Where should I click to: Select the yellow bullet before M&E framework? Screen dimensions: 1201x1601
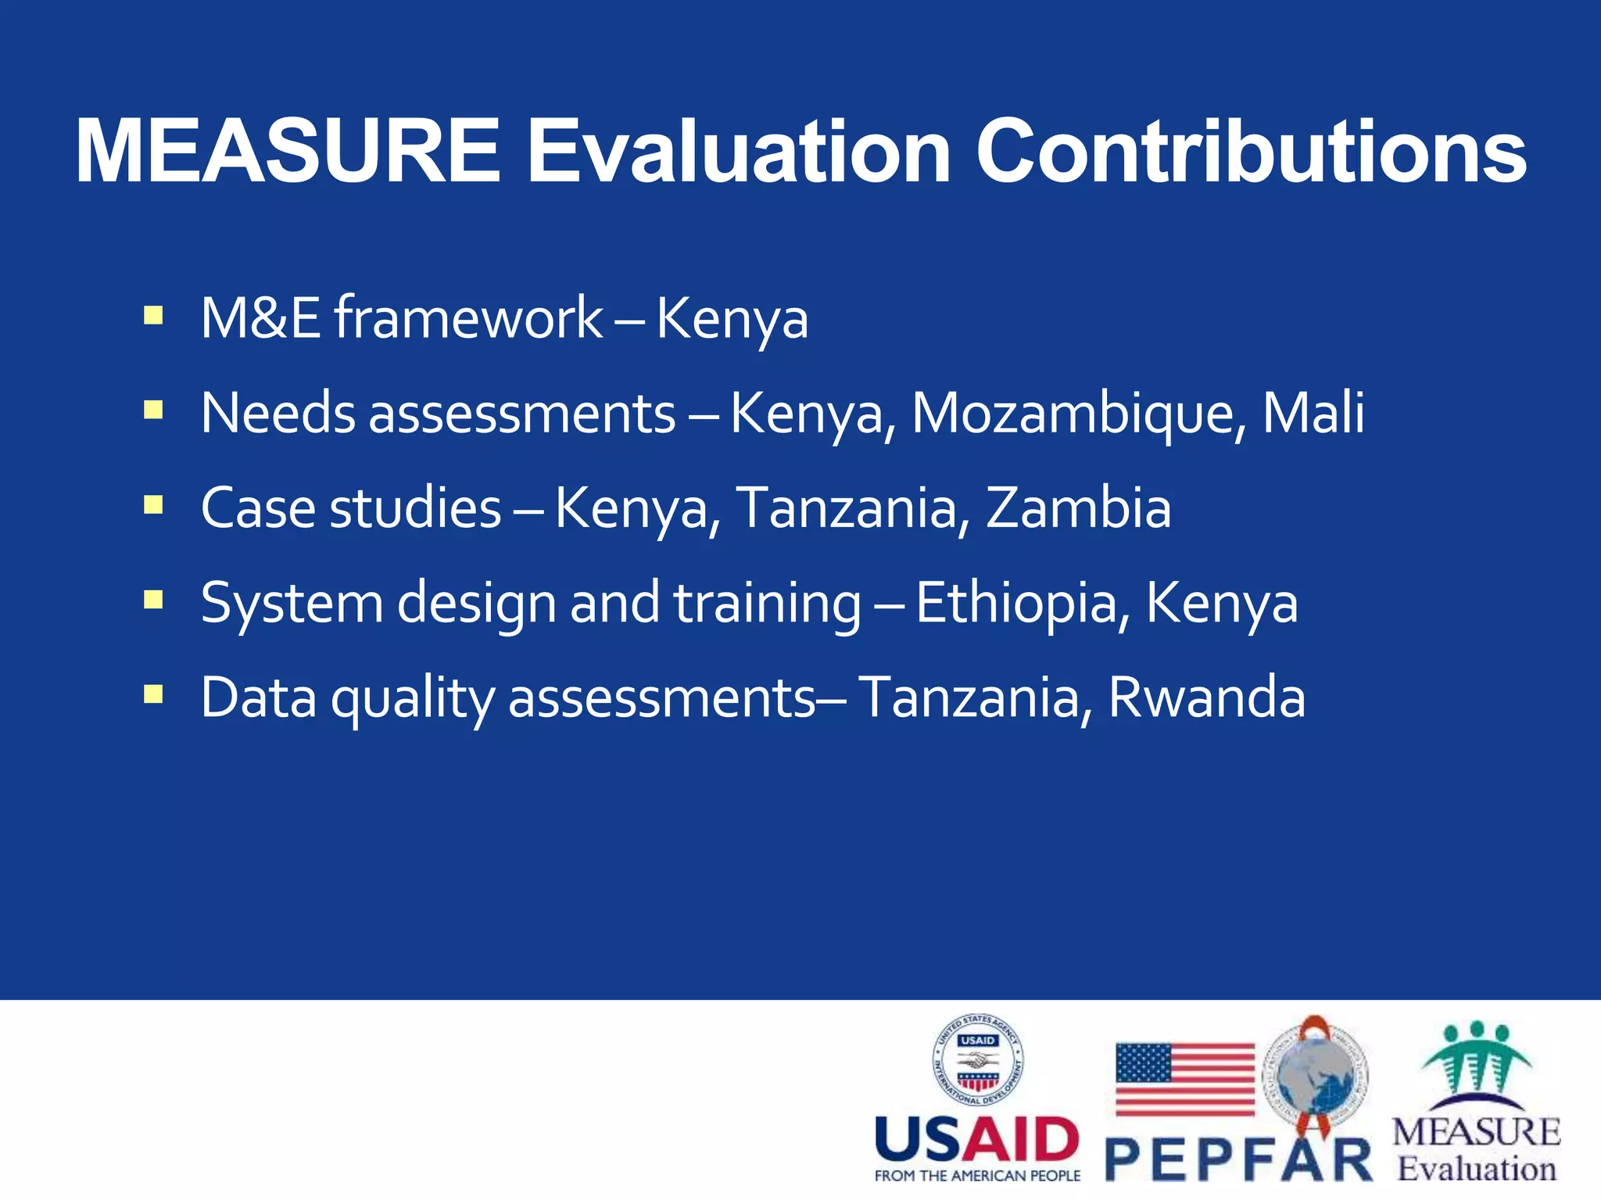click(x=153, y=316)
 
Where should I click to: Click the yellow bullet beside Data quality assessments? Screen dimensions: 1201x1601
click(x=153, y=694)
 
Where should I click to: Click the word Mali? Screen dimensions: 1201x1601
click(x=1313, y=412)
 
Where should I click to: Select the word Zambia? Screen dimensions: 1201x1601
click(x=1079, y=507)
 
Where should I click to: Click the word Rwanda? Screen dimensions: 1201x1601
click(x=1207, y=697)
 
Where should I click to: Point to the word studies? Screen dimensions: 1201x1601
click(x=416, y=507)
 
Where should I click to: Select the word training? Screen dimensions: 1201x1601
click(x=768, y=603)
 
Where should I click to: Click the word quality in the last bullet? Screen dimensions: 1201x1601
click(x=413, y=698)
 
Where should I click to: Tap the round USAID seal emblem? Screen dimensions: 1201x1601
click(x=978, y=1061)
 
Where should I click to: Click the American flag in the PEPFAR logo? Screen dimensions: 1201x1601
click(x=1184, y=1079)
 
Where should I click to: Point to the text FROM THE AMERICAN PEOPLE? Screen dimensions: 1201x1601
click(x=977, y=1176)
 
